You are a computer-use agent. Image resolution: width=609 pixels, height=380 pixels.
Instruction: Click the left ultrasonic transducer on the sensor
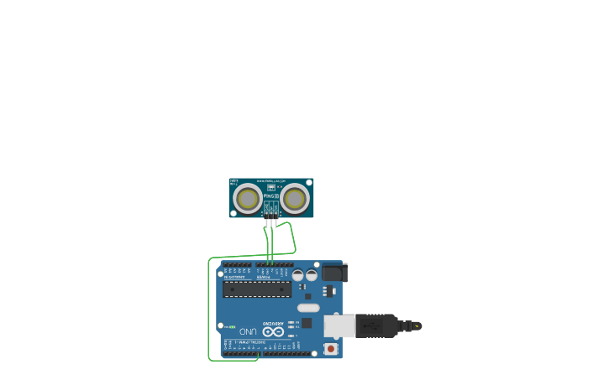point(248,199)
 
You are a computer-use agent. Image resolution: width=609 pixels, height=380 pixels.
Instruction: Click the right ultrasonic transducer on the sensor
point(294,199)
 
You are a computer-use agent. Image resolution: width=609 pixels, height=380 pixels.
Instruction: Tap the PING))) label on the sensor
point(270,195)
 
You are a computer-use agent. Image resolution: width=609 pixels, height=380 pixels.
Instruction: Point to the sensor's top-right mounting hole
point(309,182)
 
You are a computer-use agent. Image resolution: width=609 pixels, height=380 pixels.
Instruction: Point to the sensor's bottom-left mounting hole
point(233,213)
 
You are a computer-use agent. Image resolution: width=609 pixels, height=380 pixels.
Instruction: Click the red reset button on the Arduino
point(331,348)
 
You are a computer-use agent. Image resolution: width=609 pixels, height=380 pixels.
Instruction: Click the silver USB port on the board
point(339,325)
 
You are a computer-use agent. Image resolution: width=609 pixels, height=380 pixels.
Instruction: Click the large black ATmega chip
point(257,289)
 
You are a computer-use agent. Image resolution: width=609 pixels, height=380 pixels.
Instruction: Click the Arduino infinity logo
point(274,331)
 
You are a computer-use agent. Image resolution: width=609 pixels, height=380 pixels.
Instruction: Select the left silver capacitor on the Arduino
point(298,274)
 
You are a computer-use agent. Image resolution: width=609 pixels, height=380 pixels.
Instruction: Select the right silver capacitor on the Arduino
point(312,274)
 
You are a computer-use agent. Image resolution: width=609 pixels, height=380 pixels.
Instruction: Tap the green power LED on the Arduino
point(233,326)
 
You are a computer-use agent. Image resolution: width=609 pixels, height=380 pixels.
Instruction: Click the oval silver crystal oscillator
point(308,308)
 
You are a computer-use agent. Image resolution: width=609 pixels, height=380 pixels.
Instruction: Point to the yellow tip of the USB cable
point(417,325)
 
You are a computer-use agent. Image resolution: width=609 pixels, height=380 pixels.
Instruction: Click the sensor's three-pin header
point(270,215)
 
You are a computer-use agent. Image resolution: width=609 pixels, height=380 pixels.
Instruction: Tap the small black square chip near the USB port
point(307,323)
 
